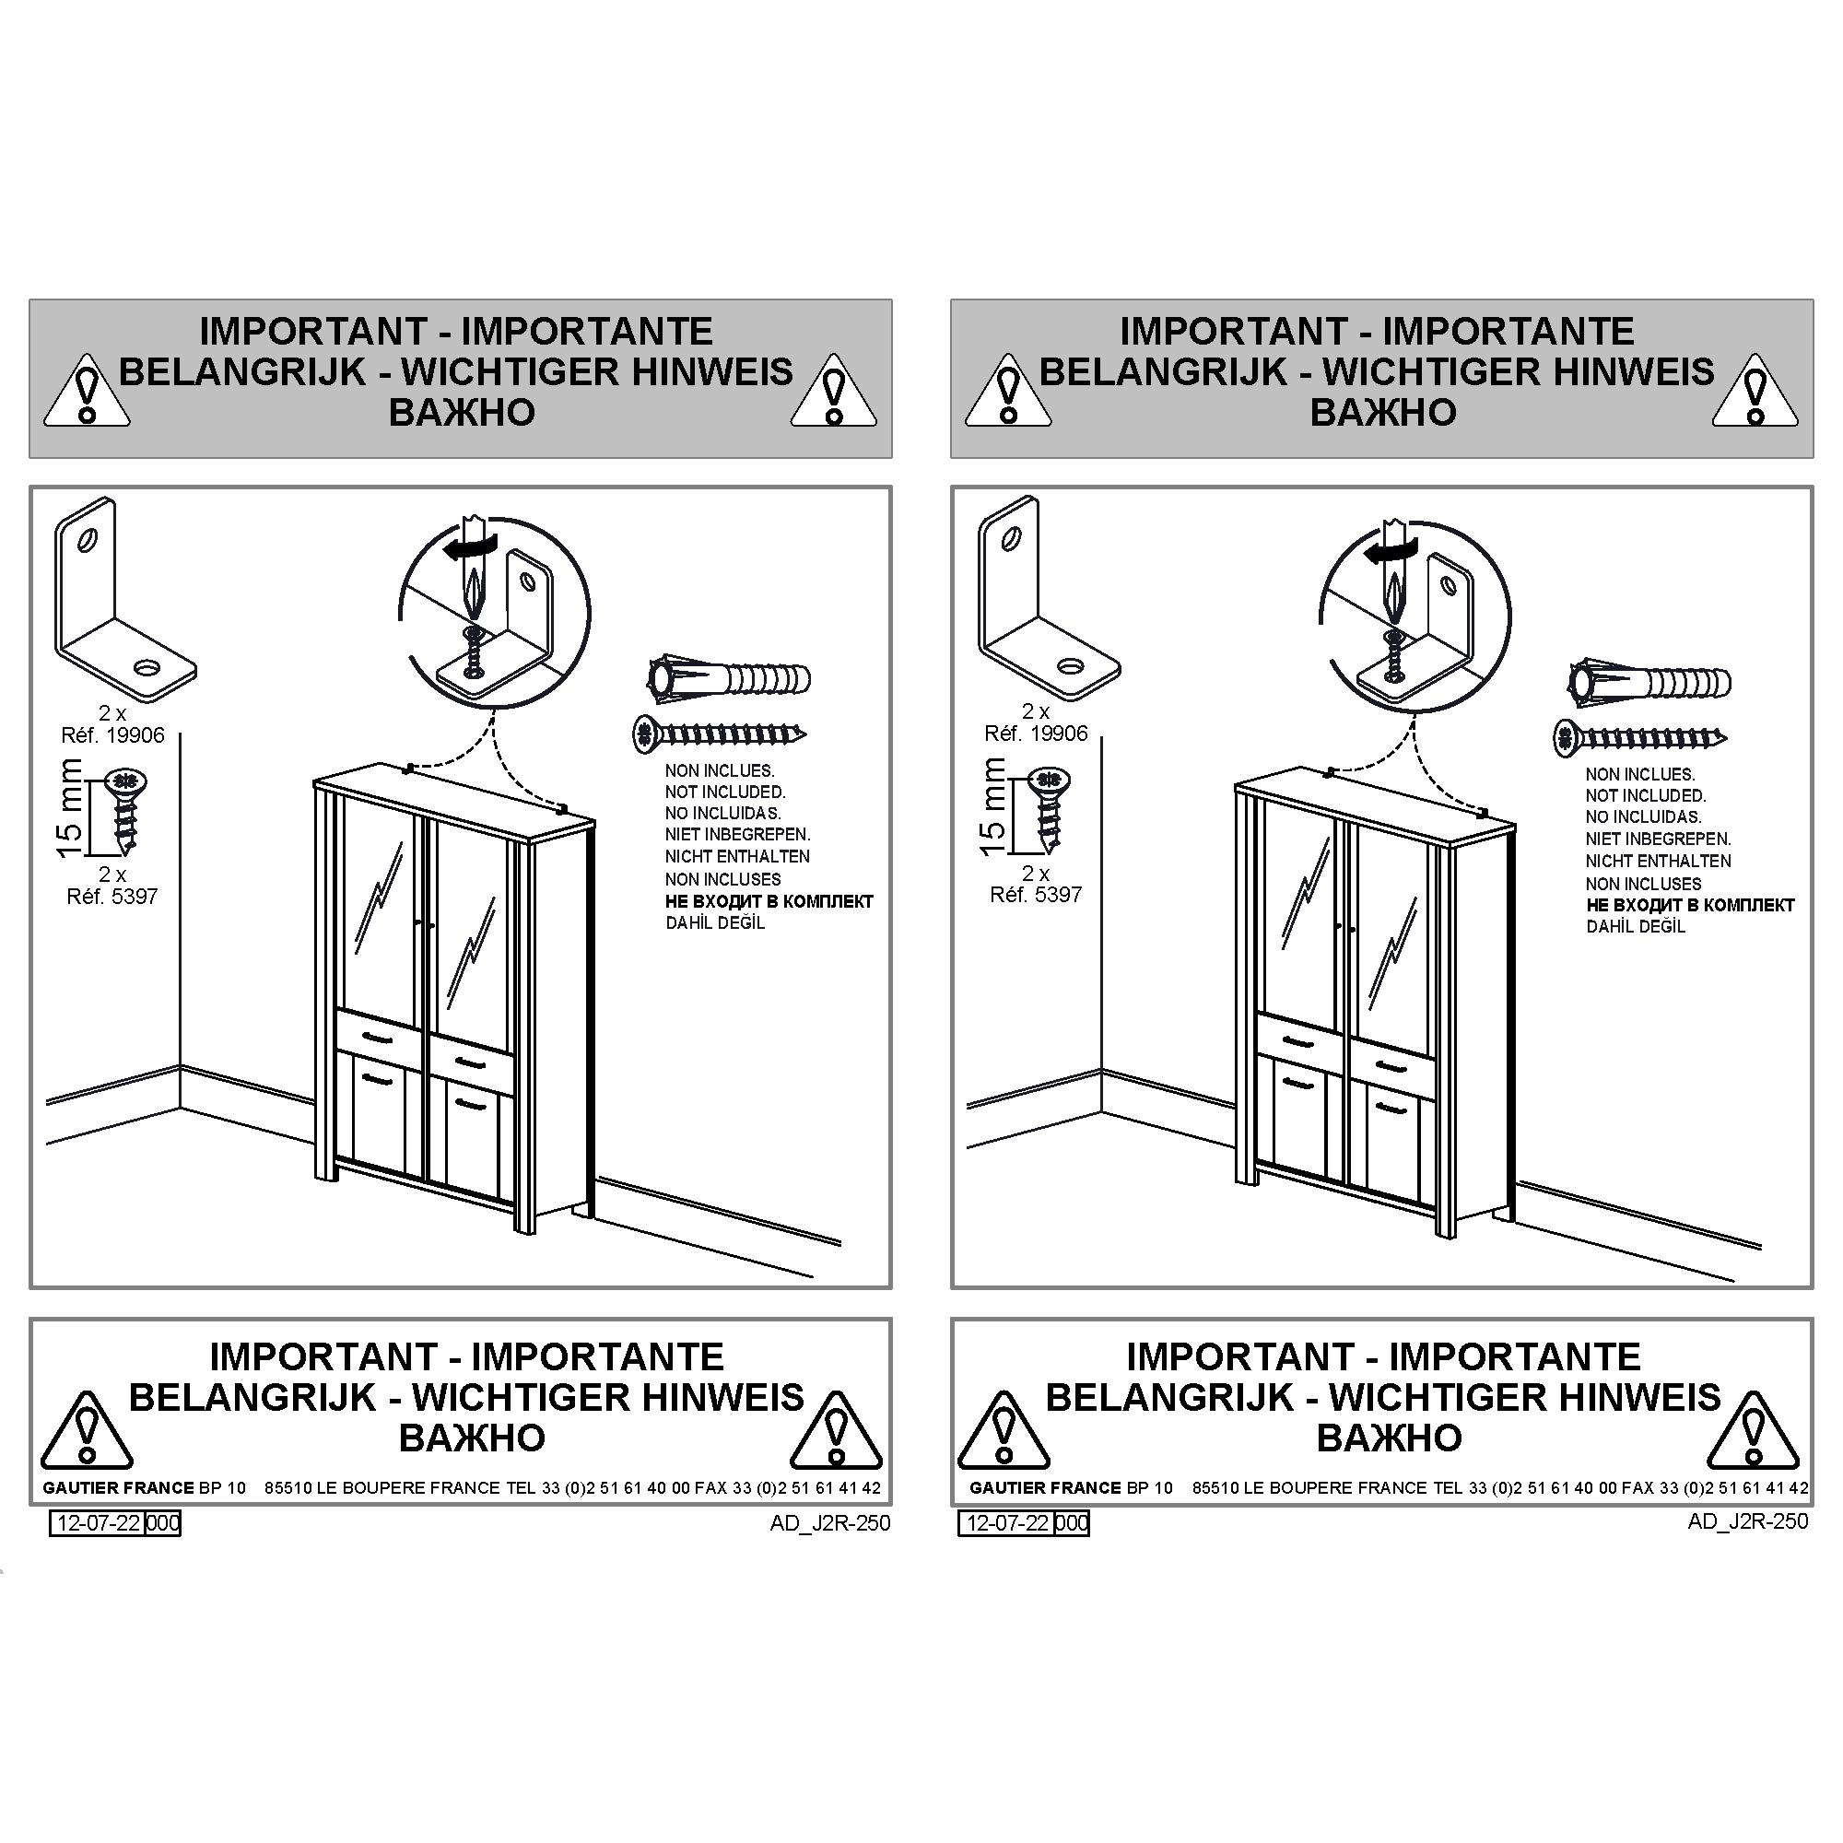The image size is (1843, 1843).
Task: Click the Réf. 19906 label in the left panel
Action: (112, 735)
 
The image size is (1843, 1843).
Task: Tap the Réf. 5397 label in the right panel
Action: (1035, 895)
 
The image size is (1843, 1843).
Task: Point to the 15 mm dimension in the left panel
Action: (69, 809)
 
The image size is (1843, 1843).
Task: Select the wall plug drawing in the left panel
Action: (729, 680)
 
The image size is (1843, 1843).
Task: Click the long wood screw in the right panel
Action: (1640, 736)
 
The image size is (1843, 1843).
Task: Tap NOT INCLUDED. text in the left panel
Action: (725, 792)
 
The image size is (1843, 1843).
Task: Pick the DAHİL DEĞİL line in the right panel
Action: (1636, 926)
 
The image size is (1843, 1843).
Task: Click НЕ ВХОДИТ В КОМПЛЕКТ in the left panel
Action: (769, 901)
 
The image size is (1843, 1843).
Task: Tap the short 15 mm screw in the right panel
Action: (1049, 809)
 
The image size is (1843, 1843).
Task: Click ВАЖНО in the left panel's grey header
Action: (462, 412)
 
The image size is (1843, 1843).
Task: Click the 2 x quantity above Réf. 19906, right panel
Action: (1035, 711)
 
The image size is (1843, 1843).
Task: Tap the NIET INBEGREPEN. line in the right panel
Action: (1658, 839)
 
